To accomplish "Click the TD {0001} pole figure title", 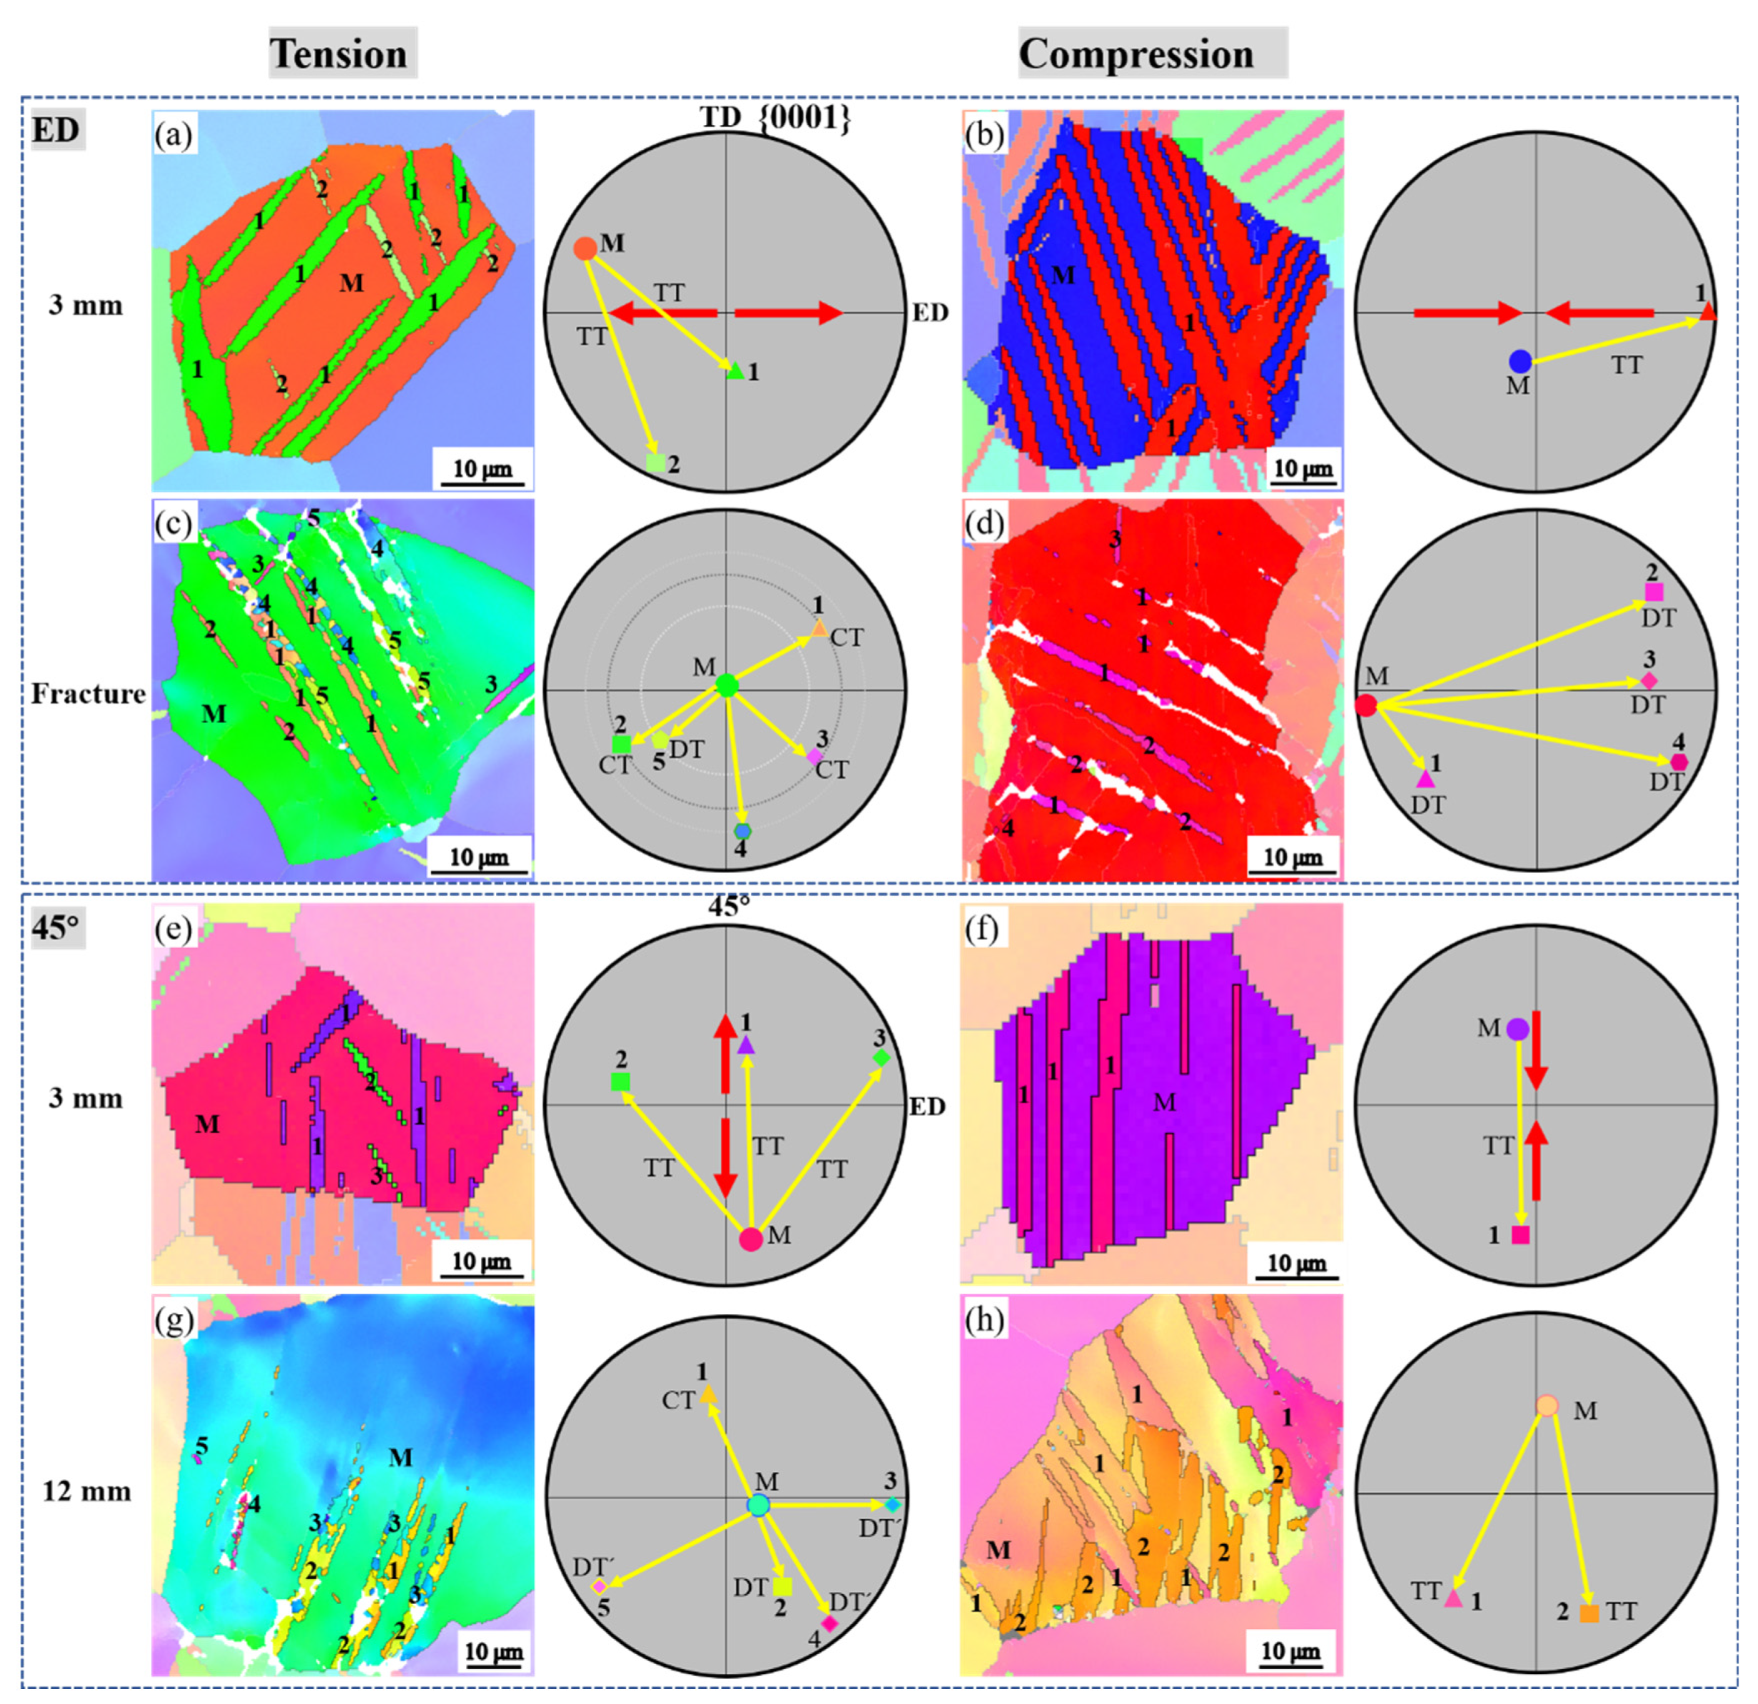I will point(774,119).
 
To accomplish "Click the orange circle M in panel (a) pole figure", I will point(584,248).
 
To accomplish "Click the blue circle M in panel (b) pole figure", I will point(1520,361).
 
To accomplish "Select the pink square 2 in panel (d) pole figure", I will point(1654,592).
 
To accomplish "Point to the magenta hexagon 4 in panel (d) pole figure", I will point(1679,762).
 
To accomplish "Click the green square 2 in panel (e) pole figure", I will point(619,1082).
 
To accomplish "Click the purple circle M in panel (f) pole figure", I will point(1517,1029).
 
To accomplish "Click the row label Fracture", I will point(88,694).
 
